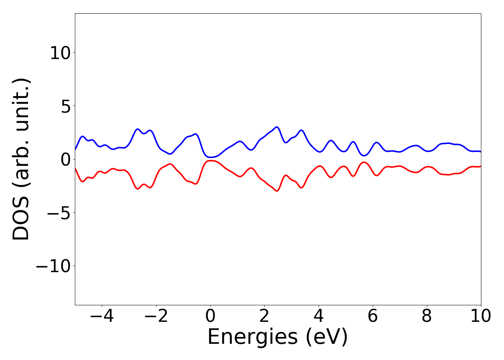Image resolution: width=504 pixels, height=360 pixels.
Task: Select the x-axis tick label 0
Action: [x=210, y=316]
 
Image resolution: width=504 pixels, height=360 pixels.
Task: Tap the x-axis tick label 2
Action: [x=264, y=316]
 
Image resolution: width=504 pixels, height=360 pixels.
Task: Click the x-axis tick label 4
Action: [x=319, y=316]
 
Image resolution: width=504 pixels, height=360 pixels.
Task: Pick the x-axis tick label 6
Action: [x=373, y=316]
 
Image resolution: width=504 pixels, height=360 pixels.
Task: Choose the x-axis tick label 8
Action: [x=427, y=316]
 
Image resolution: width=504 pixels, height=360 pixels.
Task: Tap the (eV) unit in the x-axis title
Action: [x=327, y=337]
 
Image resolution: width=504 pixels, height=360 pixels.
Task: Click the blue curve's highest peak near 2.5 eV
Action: [x=276, y=127]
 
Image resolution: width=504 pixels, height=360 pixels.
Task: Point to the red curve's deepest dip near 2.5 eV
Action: [x=276, y=191]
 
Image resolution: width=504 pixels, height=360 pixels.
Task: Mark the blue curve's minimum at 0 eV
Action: [x=211, y=157]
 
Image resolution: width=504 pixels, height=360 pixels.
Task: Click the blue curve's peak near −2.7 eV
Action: [x=137, y=129]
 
